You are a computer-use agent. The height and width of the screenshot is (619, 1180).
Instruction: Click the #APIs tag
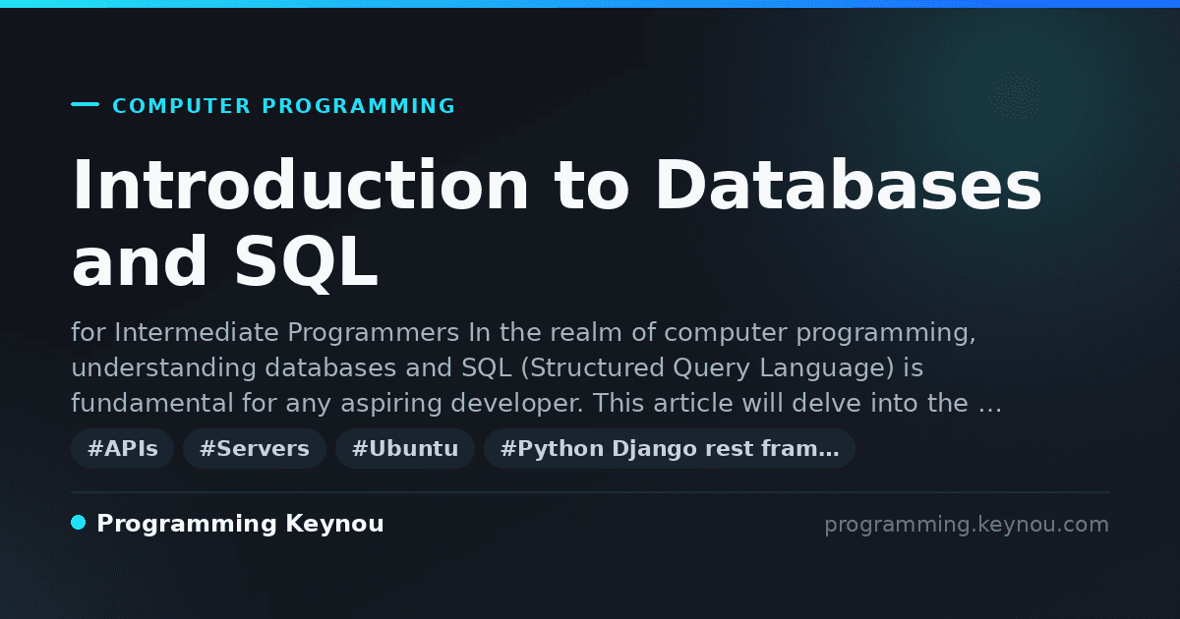(122, 448)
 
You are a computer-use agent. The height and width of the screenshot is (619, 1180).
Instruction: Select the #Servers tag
(255, 448)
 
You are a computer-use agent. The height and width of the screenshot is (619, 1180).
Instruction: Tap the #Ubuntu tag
(405, 448)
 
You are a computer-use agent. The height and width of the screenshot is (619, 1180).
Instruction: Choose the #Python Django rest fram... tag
(670, 448)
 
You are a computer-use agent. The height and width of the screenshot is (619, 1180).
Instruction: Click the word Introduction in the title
(300, 185)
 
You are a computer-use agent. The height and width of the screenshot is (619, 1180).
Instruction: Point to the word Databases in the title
(848, 185)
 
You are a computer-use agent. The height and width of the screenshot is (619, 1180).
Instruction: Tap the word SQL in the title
(306, 262)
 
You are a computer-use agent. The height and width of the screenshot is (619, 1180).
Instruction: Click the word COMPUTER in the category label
(181, 106)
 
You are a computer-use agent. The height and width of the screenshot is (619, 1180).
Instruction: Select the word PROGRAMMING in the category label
(358, 106)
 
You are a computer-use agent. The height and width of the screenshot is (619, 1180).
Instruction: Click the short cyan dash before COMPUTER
(85, 104)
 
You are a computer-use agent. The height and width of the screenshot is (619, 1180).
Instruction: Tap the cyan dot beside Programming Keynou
(78, 523)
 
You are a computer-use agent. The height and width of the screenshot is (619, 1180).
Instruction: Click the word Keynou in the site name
(334, 524)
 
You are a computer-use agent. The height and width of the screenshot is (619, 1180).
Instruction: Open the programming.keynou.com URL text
(967, 525)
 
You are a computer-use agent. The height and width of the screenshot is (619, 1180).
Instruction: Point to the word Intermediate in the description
(196, 333)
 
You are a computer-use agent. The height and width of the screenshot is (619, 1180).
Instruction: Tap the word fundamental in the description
(152, 403)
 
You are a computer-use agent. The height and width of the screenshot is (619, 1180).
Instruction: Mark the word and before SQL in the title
(139, 262)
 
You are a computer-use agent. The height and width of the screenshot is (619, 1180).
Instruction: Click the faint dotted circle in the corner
(1015, 95)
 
